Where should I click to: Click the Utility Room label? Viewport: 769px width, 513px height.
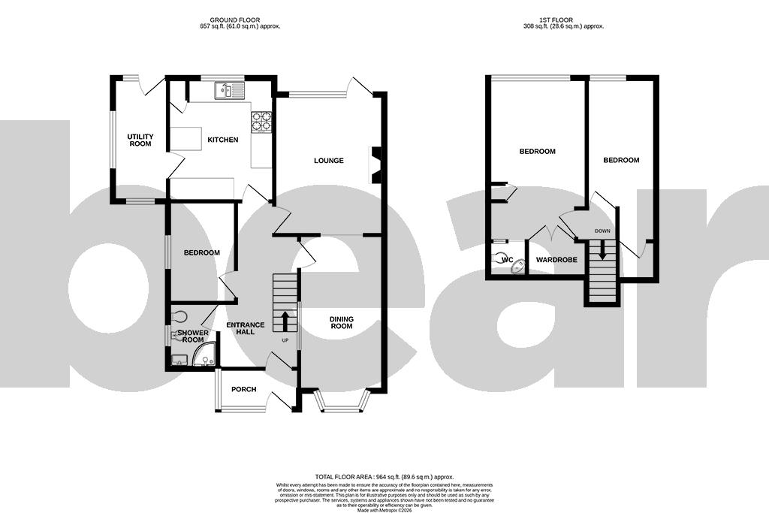[140, 140]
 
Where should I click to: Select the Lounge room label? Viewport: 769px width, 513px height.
[329, 161]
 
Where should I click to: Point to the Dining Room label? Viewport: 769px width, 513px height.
[342, 323]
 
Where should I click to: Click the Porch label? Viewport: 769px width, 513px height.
[243, 389]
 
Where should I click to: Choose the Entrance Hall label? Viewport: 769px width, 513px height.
[246, 328]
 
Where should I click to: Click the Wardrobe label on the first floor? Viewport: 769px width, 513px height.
[556, 260]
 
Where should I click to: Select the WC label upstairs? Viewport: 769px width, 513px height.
[507, 260]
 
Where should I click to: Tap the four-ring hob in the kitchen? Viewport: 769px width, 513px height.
[261, 121]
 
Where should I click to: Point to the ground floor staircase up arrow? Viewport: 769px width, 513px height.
[285, 320]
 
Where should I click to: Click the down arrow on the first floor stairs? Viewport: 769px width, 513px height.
[602, 253]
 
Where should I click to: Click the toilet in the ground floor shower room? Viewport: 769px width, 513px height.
[180, 316]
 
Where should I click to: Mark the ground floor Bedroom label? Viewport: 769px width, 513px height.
[202, 253]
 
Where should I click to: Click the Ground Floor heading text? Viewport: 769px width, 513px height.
[234, 20]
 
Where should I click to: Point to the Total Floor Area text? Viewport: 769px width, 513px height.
[384, 477]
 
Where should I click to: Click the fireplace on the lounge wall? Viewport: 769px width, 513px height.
[376, 164]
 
